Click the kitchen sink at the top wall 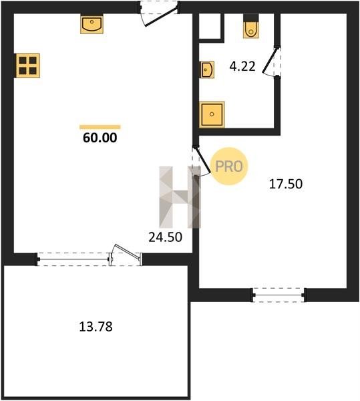(x=92, y=24)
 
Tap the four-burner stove (x=28, y=65)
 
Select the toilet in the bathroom (x=251, y=28)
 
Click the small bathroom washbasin (x=207, y=70)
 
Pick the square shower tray (x=212, y=114)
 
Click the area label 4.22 (x=242, y=66)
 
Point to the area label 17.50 (x=286, y=184)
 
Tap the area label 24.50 (x=166, y=237)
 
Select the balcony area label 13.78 (x=96, y=327)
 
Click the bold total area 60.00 (x=100, y=138)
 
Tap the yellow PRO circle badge (x=229, y=166)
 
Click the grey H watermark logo (x=180, y=197)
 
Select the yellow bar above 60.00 (x=100, y=127)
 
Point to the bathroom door (x=270, y=61)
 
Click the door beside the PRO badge (x=203, y=160)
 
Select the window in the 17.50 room (x=279, y=295)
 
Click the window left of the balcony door (x=74, y=259)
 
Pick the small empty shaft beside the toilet (x=210, y=26)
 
